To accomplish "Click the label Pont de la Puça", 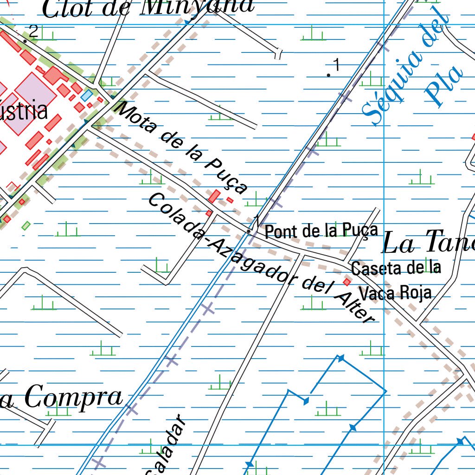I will [321, 230].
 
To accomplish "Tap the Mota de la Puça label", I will [182, 148].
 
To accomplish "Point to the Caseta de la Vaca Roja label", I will [396, 280].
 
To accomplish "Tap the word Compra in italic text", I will [73, 397].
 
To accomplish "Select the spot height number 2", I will [33, 32].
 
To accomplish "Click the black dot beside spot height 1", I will [329, 75].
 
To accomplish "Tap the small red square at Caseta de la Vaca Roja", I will [347, 282].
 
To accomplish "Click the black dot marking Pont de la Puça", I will [249, 231].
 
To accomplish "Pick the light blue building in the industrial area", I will [87, 96].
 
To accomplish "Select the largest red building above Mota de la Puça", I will [214, 196].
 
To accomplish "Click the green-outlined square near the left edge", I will [26, 226].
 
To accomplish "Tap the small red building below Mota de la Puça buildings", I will [209, 213].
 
